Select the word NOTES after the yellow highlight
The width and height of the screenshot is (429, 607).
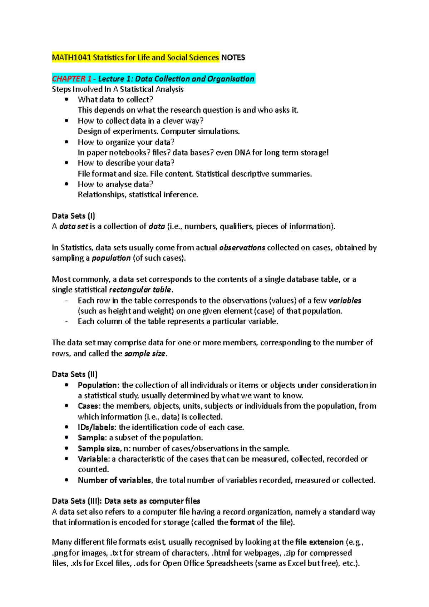tap(233, 58)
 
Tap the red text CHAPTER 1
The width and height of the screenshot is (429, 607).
tap(71, 79)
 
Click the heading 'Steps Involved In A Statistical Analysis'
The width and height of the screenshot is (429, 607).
tap(118, 89)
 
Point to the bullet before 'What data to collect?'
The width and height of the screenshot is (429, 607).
tap(66, 100)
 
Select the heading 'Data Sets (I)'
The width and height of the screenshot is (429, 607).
tap(73, 216)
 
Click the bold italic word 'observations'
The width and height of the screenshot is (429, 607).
tap(242, 247)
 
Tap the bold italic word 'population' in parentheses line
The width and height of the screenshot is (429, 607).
tap(111, 258)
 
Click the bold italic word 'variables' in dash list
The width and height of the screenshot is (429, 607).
tap(345, 301)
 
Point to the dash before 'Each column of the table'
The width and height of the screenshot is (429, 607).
tap(66, 321)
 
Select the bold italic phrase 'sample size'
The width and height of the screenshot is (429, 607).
tap(144, 354)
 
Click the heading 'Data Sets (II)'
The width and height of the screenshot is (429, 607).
tap(74, 374)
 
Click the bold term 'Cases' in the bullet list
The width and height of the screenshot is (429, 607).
tap(88, 406)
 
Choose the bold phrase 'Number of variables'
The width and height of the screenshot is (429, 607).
tap(114, 480)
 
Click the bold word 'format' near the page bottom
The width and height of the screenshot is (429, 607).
tap(242, 522)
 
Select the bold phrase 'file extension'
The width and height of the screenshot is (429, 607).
tap(319, 542)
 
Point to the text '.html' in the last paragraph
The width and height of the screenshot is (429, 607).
tap(221, 553)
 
